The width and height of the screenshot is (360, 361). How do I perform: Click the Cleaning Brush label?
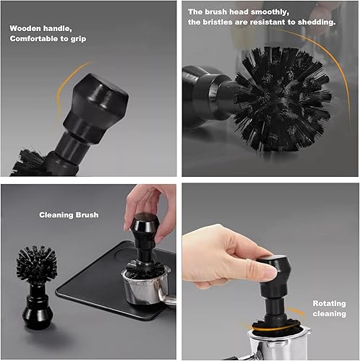[x=68, y=215]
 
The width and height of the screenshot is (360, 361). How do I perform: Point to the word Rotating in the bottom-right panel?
[x=329, y=303]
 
